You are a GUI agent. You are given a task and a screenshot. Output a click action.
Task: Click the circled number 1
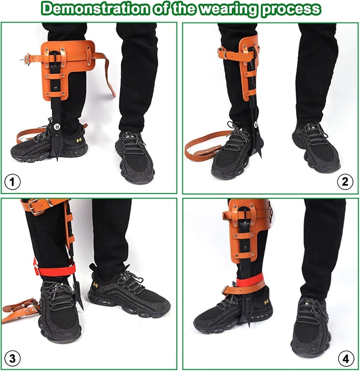(12, 182)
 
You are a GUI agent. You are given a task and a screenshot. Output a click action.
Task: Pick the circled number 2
(346, 182)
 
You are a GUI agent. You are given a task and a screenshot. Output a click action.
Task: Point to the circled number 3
(12, 358)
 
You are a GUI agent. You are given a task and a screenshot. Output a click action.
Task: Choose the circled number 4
(346, 358)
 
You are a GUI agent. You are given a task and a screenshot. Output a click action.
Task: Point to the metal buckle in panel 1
(27, 58)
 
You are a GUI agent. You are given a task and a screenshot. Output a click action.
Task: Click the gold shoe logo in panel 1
(79, 140)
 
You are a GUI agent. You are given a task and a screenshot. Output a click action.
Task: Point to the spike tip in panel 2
(260, 154)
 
